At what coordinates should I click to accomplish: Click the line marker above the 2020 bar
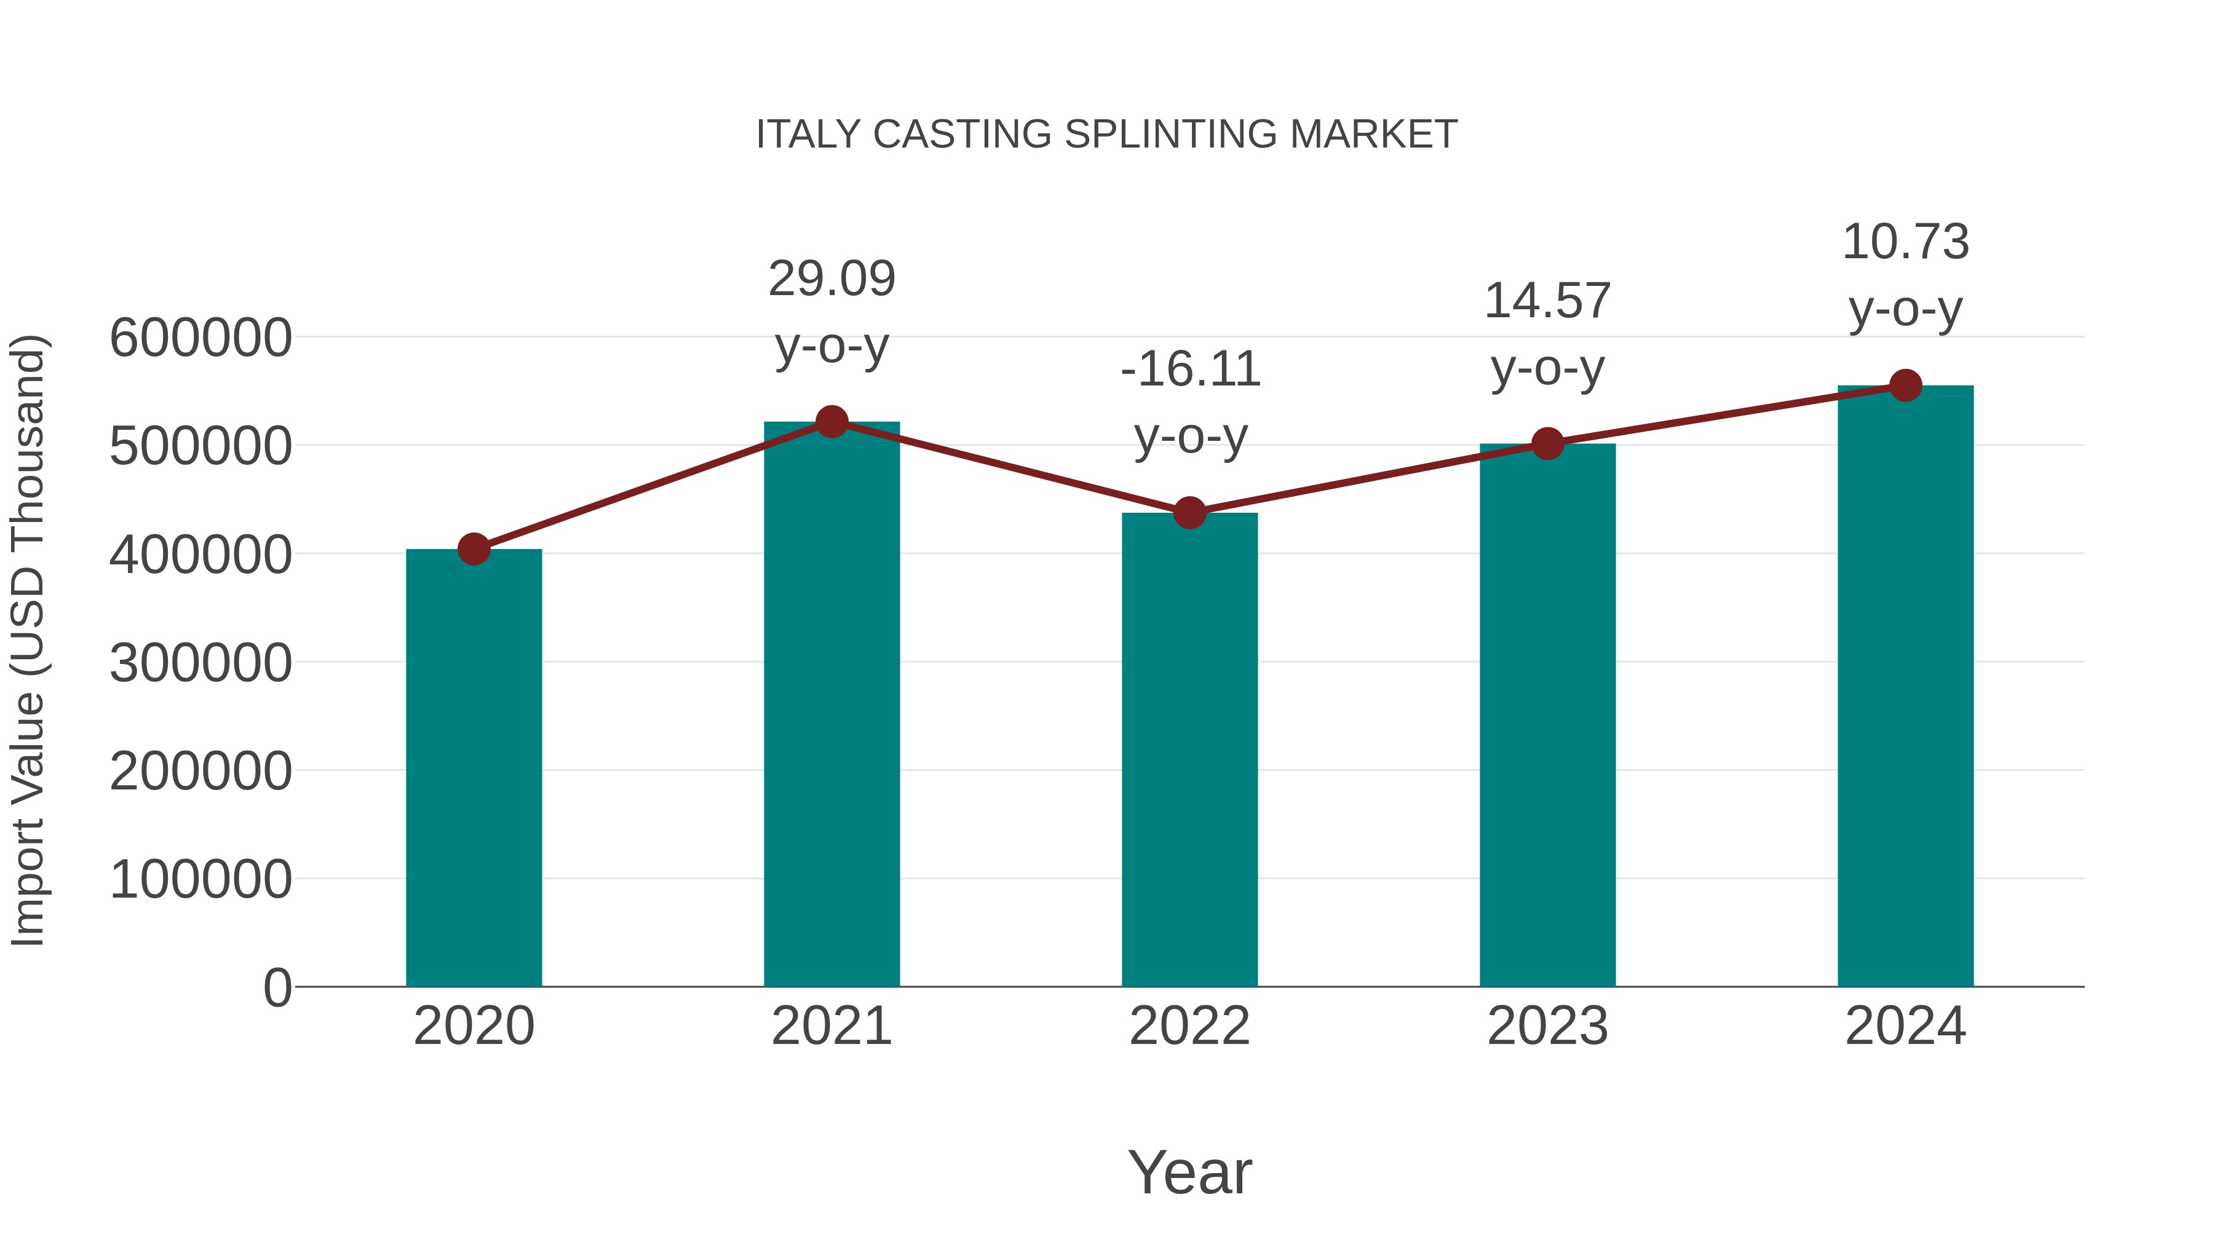[x=474, y=549]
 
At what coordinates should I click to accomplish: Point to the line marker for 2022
[x=1189, y=513]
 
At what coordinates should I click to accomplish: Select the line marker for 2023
[x=1547, y=443]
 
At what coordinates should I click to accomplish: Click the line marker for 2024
[x=1905, y=385]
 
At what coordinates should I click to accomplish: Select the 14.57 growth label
[x=1547, y=302]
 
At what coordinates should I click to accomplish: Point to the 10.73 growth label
[x=1905, y=242]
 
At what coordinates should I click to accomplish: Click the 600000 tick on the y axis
[x=200, y=338]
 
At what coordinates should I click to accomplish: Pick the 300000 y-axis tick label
[x=200, y=663]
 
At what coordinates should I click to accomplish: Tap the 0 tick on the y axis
[x=277, y=988]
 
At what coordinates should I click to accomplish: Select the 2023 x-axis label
[x=1547, y=1026]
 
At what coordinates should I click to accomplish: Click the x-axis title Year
[x=1189, y=1172]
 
